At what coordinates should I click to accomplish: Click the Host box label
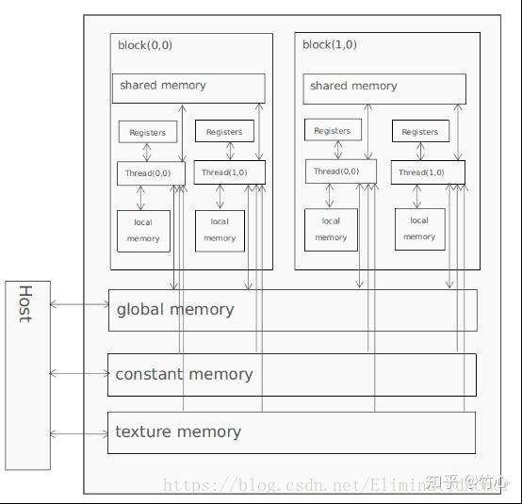tap(25, 303)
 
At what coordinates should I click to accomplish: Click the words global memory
tap(175, 309)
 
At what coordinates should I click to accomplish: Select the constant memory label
tap(184, 374)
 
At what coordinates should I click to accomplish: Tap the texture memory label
tap(178, 432)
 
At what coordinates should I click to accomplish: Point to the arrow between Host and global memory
tap(79, 304)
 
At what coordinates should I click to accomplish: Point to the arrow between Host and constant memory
tap(79, 374)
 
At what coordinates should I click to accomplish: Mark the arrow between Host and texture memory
tap(79, 433)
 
